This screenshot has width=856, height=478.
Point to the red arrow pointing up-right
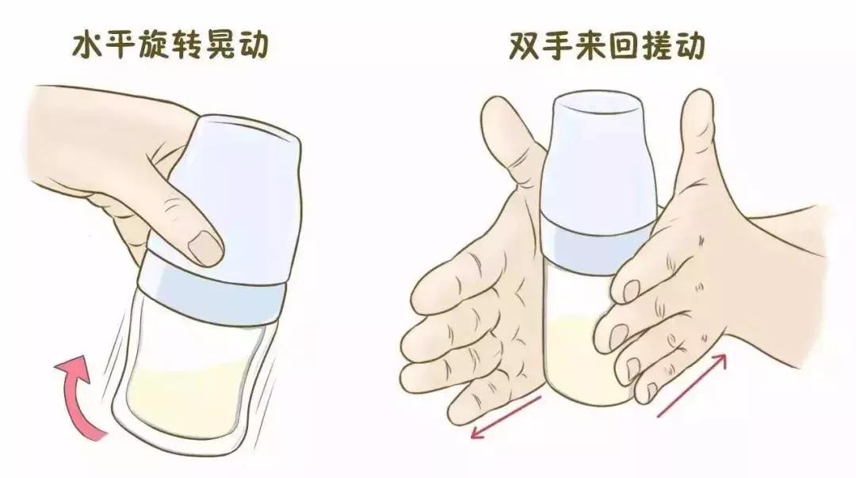tap(690, 384)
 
